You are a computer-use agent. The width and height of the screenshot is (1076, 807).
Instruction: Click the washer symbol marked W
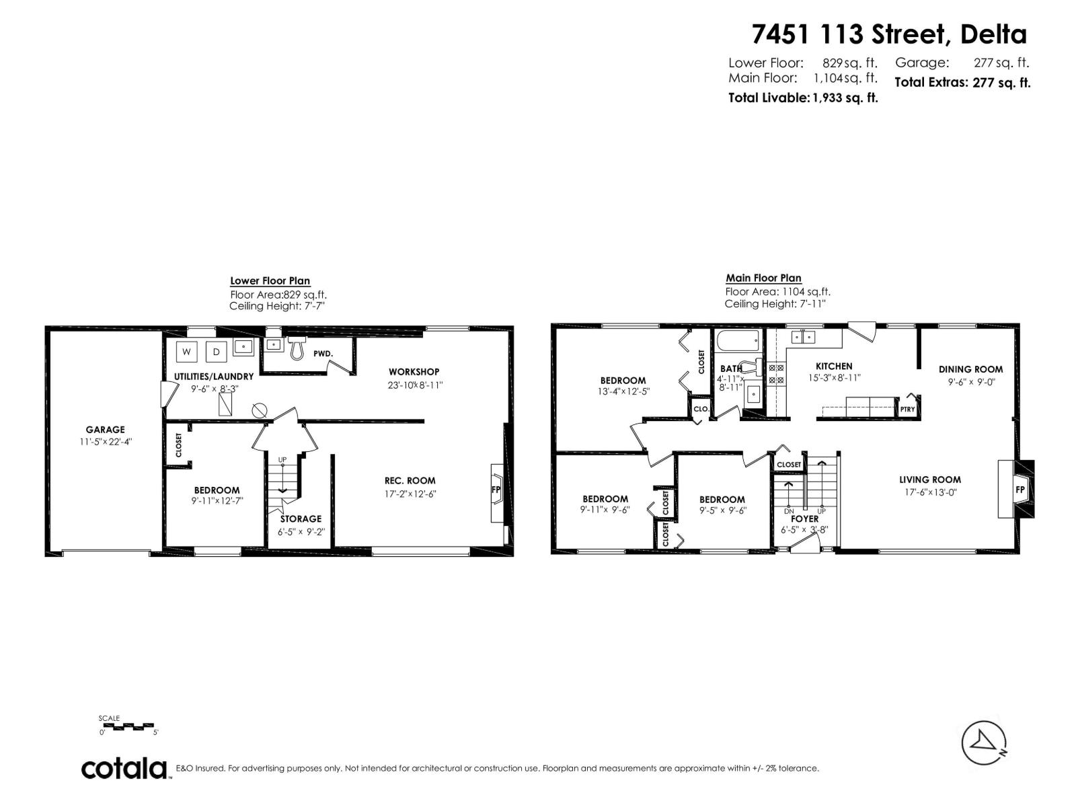click(186, 351)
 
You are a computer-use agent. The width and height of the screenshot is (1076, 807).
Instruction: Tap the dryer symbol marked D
click(216, 351)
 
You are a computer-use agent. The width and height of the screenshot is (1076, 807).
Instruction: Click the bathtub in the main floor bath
click(738, 340)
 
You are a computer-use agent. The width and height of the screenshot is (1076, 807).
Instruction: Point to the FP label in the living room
click(1020, 490)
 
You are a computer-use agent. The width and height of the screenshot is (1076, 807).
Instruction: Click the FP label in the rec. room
click(496, 490)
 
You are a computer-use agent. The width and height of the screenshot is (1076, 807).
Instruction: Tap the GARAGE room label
click(105, 430)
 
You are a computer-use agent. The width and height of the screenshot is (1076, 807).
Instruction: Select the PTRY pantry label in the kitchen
click(907, 409)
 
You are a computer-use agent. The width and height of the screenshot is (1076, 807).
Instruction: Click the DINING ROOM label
click(970, 369)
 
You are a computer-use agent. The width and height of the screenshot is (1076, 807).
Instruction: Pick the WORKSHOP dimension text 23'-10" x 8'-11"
click(415, 385)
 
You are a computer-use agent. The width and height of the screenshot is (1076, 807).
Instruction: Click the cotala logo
click(124, 769)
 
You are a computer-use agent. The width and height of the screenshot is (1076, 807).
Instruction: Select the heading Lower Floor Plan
click(270, 281)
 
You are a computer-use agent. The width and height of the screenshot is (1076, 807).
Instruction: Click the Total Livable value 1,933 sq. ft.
click(845, 98)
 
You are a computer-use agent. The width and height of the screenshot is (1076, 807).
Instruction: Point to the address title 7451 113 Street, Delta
click(889, 34)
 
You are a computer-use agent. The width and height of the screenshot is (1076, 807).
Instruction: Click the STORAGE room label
click(301, 519)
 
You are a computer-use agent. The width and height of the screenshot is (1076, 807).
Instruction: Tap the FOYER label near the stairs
click(804, 519)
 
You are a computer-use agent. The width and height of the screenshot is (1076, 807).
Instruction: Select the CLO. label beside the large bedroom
click(701, 409)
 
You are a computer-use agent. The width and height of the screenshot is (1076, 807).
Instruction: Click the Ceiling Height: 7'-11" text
click(775, 304)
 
